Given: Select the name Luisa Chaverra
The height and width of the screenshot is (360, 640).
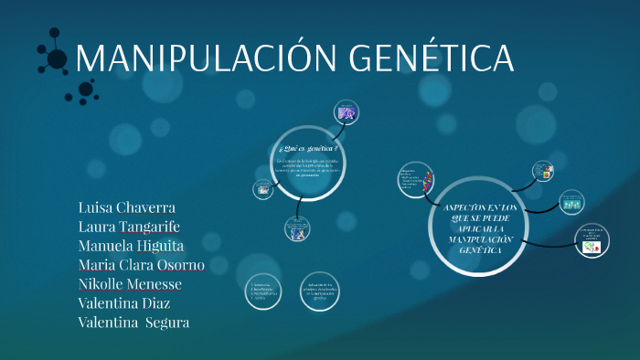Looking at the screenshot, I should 127,206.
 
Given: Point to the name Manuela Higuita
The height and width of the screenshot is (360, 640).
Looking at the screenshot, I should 132,246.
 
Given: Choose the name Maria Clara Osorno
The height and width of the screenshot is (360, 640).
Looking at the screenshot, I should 142,265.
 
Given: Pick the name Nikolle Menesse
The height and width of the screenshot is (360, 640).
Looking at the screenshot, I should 131,284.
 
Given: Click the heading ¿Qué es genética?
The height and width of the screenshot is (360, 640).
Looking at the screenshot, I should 307,146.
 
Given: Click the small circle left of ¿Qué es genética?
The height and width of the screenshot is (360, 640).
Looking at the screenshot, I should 262,188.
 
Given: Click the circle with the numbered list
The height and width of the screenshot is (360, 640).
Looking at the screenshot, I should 264,292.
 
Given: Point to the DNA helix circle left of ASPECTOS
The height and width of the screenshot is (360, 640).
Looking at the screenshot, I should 415,180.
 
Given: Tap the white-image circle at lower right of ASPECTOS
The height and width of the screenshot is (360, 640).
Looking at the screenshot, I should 590,240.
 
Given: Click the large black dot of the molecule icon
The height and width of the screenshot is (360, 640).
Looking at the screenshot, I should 57,59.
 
